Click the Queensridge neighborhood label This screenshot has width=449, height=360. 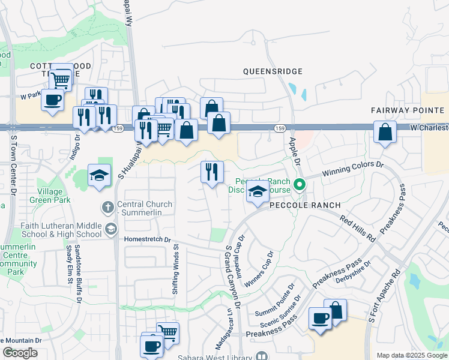(273, 71)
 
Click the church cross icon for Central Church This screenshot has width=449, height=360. (107, 207)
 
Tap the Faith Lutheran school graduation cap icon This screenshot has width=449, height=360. (110, 229)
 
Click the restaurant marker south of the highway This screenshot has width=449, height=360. (211, 172)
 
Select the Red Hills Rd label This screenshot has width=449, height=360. (358, 227)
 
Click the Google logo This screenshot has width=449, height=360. (20, 352)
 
